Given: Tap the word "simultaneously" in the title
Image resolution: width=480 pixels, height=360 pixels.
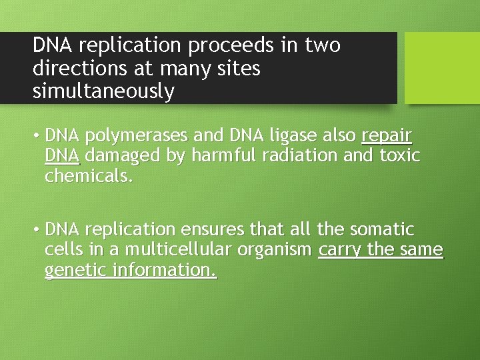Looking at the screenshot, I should click(103, 91).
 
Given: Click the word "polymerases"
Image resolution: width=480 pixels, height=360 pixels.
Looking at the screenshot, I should click(137, 136).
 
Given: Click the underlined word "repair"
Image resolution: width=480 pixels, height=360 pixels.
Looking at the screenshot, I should click(387, 136).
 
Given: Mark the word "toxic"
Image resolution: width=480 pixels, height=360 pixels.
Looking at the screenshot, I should click(399, 156).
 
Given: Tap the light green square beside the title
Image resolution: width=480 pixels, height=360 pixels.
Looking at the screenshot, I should click(442, 68).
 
